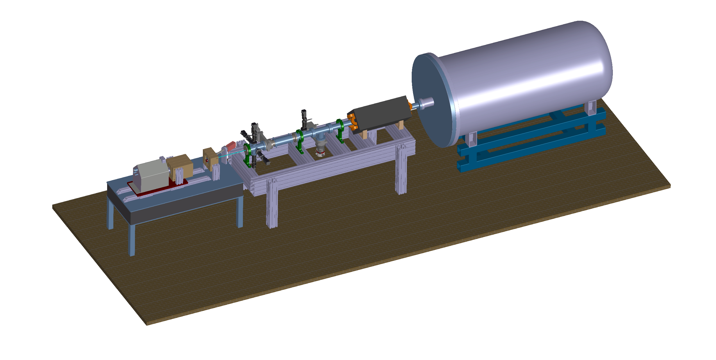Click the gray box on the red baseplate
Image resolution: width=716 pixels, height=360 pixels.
pyautogui.click(x=152, y=175)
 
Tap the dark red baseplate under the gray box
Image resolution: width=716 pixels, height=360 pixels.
pyautogui.click(x=159, y=189)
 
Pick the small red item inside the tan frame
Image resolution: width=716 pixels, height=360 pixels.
pyautogui.click(x=207, y=161)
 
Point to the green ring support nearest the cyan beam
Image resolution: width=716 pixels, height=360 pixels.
pyautogui.click(x=247, y=156)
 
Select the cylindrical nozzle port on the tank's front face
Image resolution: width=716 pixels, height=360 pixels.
pyautogui.click(x=426, y=102)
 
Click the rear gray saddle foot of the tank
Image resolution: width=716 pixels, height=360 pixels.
pyautogui.click(x=592, y=108)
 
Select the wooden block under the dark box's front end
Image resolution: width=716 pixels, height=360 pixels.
pyautogui.click(x=364, y=134)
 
